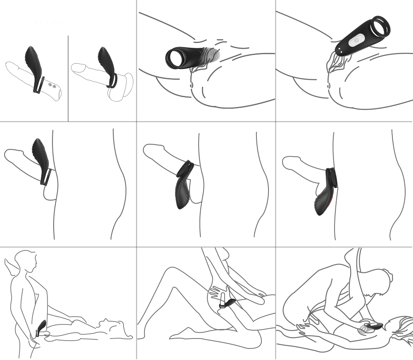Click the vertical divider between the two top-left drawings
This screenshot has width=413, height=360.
click(x=68, y=79)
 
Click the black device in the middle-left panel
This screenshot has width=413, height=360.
click(x=40, y=157)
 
